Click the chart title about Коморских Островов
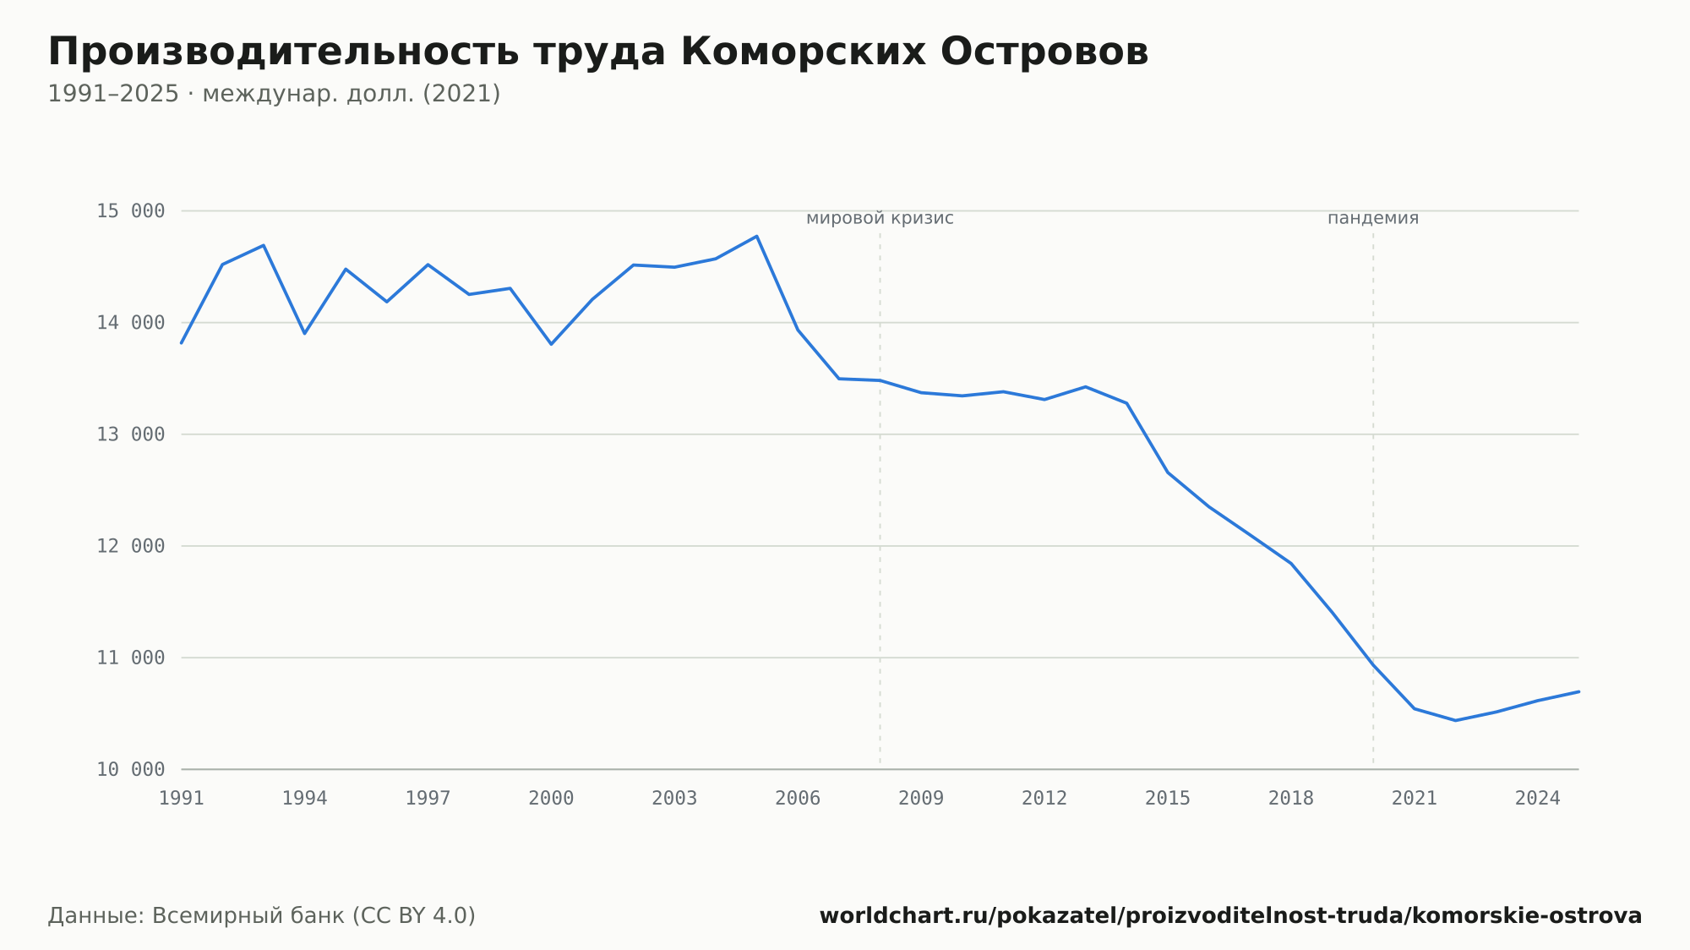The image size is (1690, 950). coord(598,52)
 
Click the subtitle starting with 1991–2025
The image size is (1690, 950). coord(274,94)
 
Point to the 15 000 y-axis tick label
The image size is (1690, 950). coord(131,211)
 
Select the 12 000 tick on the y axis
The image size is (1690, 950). coord(131,546)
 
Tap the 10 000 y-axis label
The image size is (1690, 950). coord(131,769)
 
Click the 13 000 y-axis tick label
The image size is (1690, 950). coord(131,434)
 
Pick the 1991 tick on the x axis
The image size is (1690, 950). coord(182,799)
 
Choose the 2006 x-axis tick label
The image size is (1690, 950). coord(798,799)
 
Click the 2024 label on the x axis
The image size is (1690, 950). coord(1538,799)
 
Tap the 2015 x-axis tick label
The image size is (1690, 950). coord(1168,799)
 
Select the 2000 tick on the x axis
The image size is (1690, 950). coord(551,799)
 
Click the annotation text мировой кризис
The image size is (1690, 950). coord(880,218)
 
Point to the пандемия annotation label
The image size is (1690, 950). coord(1373,218)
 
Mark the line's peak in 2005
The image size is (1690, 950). coord(757,236)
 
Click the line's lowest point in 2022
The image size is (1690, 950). coord(1455,720)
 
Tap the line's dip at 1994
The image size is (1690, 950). coord(304,333)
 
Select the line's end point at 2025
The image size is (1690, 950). coord(1578,691)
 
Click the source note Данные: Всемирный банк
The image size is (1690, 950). coord(262,916)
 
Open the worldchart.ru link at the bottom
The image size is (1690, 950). coord(1230,916)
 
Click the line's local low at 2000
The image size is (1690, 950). coord(551,344)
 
